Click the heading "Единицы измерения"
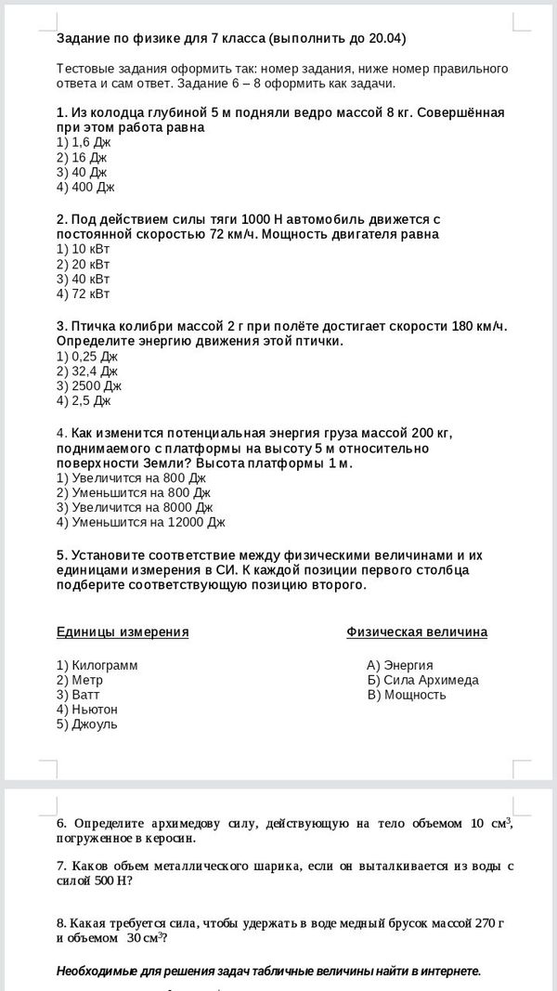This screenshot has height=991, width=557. pos(123,632)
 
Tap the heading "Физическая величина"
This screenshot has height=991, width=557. pos(417,632)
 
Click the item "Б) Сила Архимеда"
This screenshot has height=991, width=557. pos(422,680)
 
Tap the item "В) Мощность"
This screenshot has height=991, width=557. pos(407,695)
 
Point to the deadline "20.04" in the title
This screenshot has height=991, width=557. pos(385,39)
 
